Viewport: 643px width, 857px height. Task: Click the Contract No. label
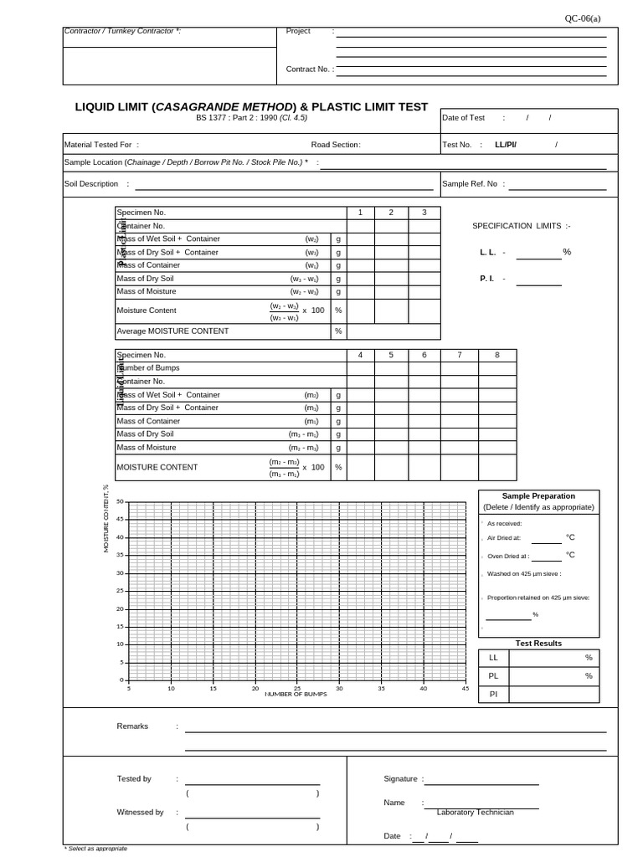click(307, 69)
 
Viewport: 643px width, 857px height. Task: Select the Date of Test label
click(463, 118)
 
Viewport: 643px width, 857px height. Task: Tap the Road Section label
click(336, 145)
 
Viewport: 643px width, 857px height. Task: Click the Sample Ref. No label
click(470, 183)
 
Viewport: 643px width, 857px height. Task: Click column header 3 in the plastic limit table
click(424, 213)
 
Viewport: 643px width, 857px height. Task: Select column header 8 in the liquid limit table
click(497, 355)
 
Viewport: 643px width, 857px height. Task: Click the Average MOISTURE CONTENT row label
click(172, 331)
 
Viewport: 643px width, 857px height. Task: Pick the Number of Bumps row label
click(148, 368)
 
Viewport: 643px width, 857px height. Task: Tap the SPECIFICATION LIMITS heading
click(522, 226)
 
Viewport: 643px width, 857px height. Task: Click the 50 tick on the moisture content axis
click(120, 502)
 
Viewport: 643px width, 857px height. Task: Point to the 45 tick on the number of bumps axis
click(466, 689)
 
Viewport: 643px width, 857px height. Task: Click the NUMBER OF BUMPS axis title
click(296, 695)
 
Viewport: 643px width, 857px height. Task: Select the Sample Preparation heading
click(538, 495)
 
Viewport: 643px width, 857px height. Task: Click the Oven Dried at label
click(507, 556)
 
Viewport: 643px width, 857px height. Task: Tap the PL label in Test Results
click(493, 675)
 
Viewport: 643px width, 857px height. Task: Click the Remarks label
click(132, 726)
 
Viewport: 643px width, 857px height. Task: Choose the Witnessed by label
click(140, 812)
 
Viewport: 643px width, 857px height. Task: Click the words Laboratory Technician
click(475, 813)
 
